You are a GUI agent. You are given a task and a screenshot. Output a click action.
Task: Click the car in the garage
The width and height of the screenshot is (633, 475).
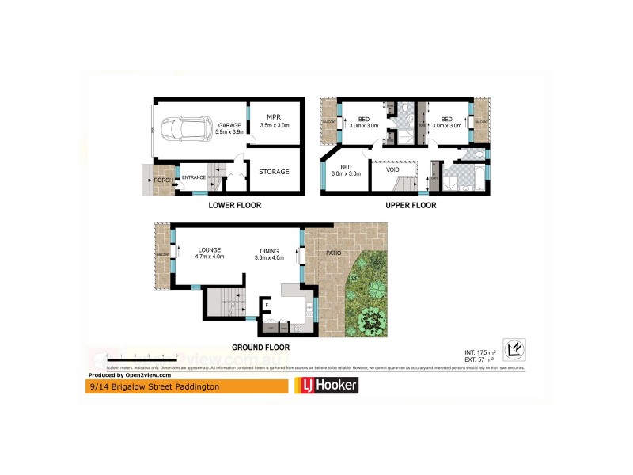tap(181, 127)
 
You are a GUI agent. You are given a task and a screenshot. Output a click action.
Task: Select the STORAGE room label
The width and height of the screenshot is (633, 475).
tap(274, 172)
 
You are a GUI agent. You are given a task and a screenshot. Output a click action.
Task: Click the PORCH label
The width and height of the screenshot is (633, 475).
tap(163, 180)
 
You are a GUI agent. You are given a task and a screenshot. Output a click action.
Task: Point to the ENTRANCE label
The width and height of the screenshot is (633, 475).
tap(194, 177)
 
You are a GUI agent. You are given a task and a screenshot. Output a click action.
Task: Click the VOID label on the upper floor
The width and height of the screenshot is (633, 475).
tap(392, 170)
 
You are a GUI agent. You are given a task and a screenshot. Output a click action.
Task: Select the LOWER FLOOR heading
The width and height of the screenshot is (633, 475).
tap(234, 206)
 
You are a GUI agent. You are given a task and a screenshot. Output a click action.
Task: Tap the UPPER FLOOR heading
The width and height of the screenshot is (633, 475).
tap(411, 206)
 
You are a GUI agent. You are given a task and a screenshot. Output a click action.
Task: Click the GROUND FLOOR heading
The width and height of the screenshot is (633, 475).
tap(260, 348)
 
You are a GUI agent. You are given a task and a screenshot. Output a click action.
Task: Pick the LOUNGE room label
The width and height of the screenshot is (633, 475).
tap(210, 250)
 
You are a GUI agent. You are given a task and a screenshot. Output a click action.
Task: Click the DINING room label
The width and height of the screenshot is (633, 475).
tap(269, 250)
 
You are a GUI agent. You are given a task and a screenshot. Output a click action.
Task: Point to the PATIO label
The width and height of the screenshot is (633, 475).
tap(335, 253)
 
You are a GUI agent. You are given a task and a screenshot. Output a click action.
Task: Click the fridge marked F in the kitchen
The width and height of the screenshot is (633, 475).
tap(267, 305)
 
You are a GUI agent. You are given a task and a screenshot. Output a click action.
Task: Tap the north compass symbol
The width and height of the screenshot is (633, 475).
tap(514, 349)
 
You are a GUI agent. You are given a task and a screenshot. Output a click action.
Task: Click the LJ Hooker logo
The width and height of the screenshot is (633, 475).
tap(326, 386)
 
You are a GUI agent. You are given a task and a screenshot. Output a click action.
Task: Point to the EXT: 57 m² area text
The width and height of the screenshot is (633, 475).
tap(480, 359)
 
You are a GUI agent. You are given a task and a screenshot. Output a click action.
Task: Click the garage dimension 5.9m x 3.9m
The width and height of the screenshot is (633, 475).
tap(229, 132)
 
